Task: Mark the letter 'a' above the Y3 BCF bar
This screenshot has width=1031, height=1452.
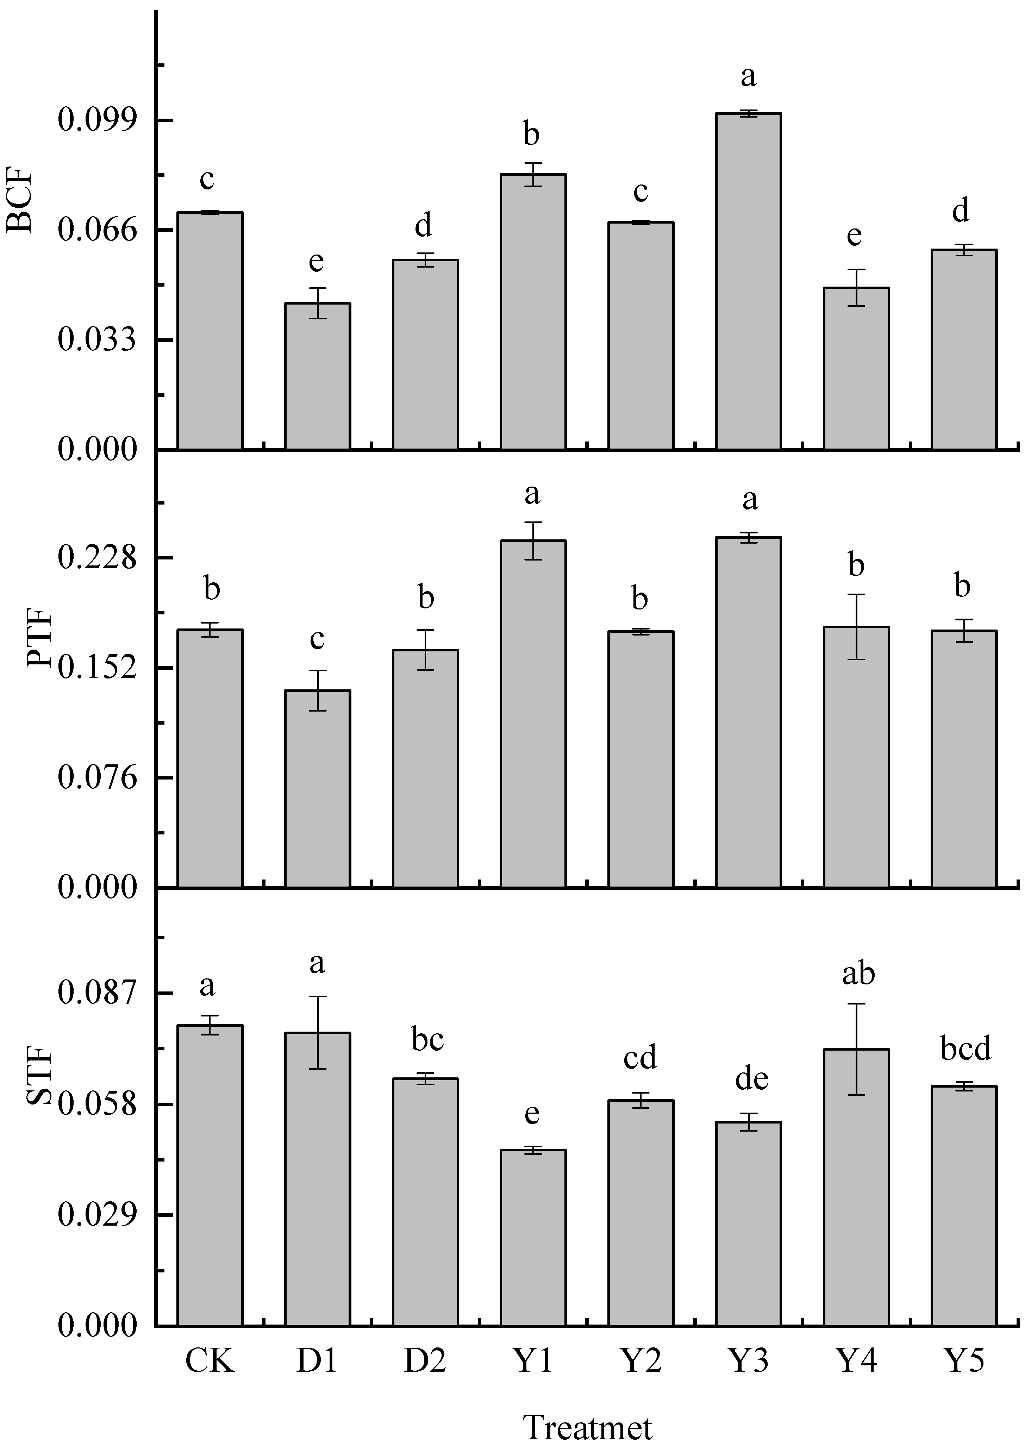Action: pos(749,77)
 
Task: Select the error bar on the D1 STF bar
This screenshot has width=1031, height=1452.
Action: pos(317,1033)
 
